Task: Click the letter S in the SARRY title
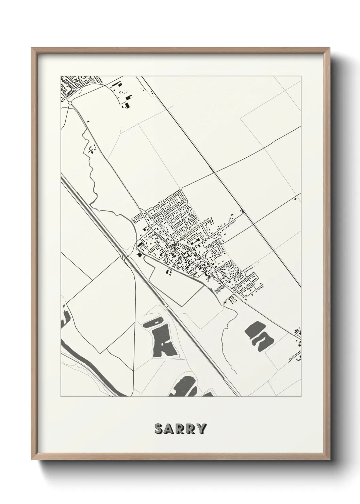tap(159, 429)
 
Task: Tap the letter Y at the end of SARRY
tap(201, 429)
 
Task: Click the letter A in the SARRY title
tap(169, 429)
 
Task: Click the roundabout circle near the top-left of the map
tap(70, 103)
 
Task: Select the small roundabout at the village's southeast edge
tap(235, 293)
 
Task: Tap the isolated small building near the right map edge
tap(295, 198)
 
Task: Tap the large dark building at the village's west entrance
tap(140, 254)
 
